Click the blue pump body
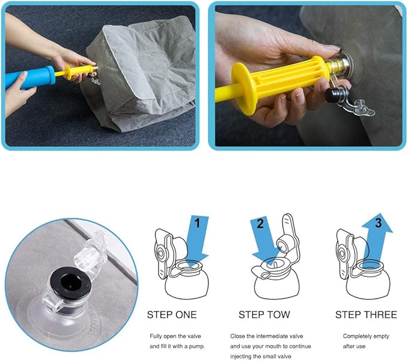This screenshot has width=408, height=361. (30, 78)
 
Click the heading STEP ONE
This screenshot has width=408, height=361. (172, 315)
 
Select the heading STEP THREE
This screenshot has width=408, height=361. (366, 315)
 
